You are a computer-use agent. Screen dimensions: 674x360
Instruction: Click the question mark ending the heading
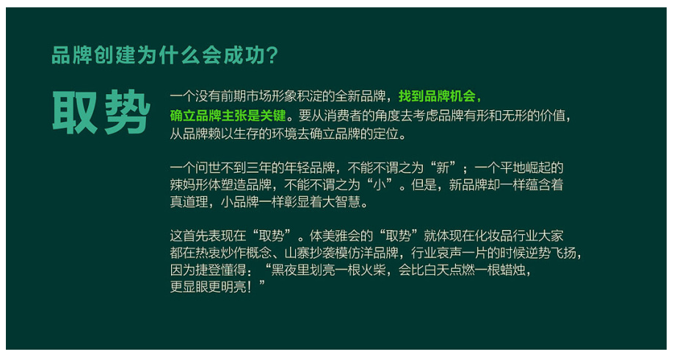pos(272,56)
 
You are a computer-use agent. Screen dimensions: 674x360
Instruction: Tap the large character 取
pos(75,112)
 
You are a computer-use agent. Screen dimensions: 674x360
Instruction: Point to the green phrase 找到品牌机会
pos(437,96)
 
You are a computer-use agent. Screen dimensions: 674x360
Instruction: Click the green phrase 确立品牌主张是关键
pos(228,115)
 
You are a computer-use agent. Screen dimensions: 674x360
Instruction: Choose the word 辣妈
pos(183,184)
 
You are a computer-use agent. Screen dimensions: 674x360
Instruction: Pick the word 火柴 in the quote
pos(373,270)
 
